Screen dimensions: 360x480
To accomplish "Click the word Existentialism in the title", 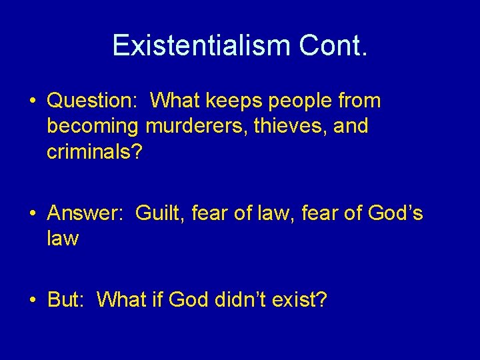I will [x=201, y=45].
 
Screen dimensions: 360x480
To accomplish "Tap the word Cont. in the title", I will [x=333, y=45].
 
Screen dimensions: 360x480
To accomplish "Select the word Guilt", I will [x=160, y=213].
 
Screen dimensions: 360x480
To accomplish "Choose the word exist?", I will [x=303, y=300].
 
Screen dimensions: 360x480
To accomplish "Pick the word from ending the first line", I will [x=359, y=101].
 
